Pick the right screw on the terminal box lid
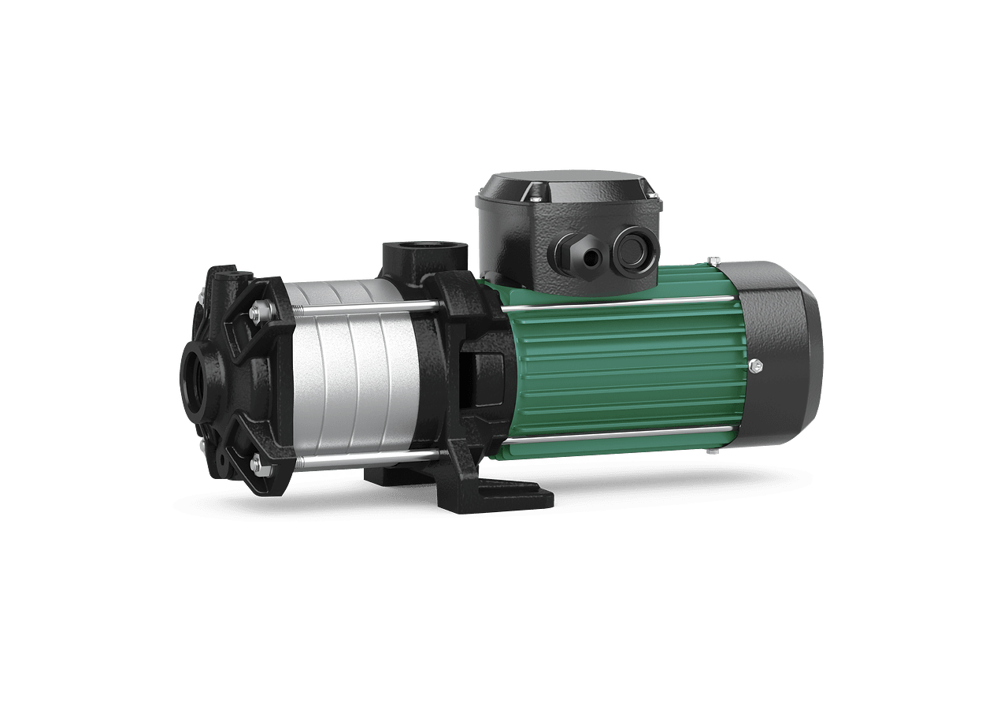coord(650,189)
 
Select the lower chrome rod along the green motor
coord(622,433)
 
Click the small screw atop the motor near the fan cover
coord(713,260)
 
